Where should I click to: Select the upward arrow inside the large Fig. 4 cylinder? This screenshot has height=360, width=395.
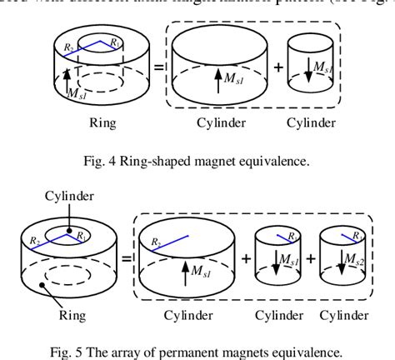[x=217, y=80]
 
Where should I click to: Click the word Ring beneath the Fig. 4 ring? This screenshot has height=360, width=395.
[x=102, y=122]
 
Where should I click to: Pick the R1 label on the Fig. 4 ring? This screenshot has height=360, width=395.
[x=116, y=42]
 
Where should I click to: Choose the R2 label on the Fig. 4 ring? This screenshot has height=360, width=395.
[x=69, y=47]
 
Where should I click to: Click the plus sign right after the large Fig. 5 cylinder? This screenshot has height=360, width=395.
[x=245, y=258]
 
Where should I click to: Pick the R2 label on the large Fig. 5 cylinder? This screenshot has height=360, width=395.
[x=155, y=241]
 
